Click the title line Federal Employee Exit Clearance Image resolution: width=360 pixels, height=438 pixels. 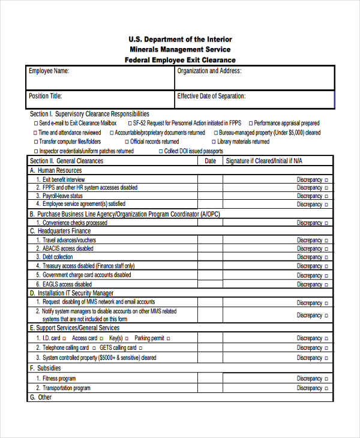click(x=180, y=60)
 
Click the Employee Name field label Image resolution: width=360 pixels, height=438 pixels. click(x=49, y=71)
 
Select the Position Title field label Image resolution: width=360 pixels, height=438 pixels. click(x=45, y=96)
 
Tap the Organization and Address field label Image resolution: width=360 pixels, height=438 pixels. click(x=209, y=71)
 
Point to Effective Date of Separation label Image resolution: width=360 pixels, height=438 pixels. click(x=211, y=96)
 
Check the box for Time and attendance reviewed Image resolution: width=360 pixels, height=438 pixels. click(x=35, y=133)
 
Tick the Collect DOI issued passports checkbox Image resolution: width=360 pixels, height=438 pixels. click(x=160, y=152)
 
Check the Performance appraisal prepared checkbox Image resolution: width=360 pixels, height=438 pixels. click(x=250, y=124)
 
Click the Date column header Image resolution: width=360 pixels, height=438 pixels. click(x=210, y=161)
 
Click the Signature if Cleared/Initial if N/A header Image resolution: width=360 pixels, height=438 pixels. click(x=263, y=161)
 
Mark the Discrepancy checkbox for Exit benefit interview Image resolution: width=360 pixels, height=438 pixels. click(x=327, y=179)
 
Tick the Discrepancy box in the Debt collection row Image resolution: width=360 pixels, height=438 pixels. click(x=327, y=257)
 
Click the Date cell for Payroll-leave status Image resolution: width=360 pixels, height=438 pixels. click(x=210, y=196)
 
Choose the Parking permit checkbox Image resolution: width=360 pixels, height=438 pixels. click(x=168, y=338)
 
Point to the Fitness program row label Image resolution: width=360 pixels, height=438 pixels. click(x=59, y=379)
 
